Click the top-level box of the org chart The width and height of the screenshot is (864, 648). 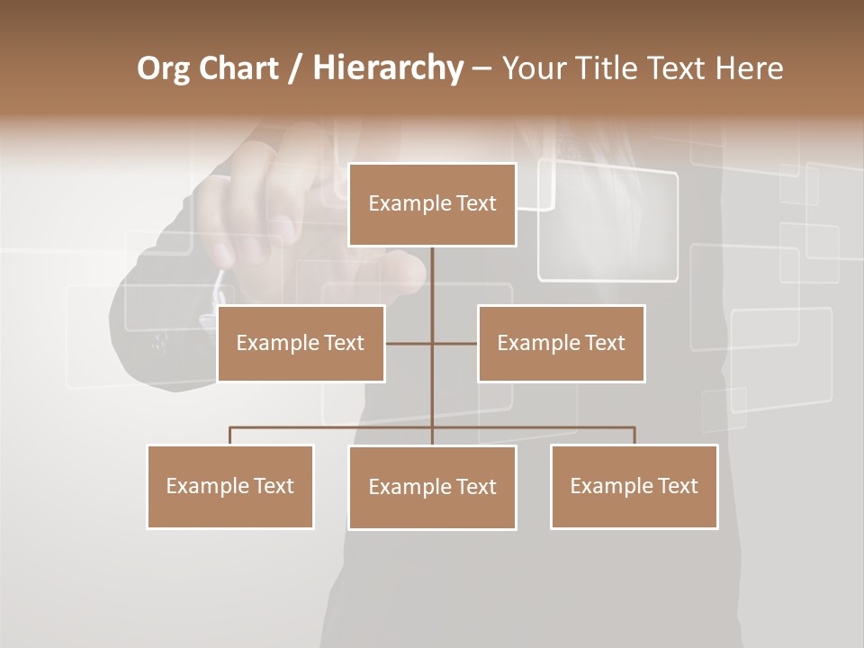(x=432, y=204)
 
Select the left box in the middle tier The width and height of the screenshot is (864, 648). (x=301, y=343)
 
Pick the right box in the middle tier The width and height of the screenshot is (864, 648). (x=561, y=343)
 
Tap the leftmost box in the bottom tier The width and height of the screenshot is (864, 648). (x=230, y=486)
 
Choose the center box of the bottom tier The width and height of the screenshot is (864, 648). (x=432, y=487)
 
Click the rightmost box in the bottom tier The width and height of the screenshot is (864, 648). (x=634, y=486)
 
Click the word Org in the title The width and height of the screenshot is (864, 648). (x=163, y=68)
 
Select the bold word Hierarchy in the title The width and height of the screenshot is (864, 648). (x=387, y=68)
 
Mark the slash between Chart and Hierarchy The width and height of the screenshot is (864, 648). (x=295, y=69)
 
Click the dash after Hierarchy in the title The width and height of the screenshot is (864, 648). (x=481, y=69)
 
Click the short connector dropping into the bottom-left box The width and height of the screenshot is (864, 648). (x=230, y=436)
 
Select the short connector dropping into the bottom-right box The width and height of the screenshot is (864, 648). (x=634, y=436)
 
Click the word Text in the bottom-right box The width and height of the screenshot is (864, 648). (x=677, y=486)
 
